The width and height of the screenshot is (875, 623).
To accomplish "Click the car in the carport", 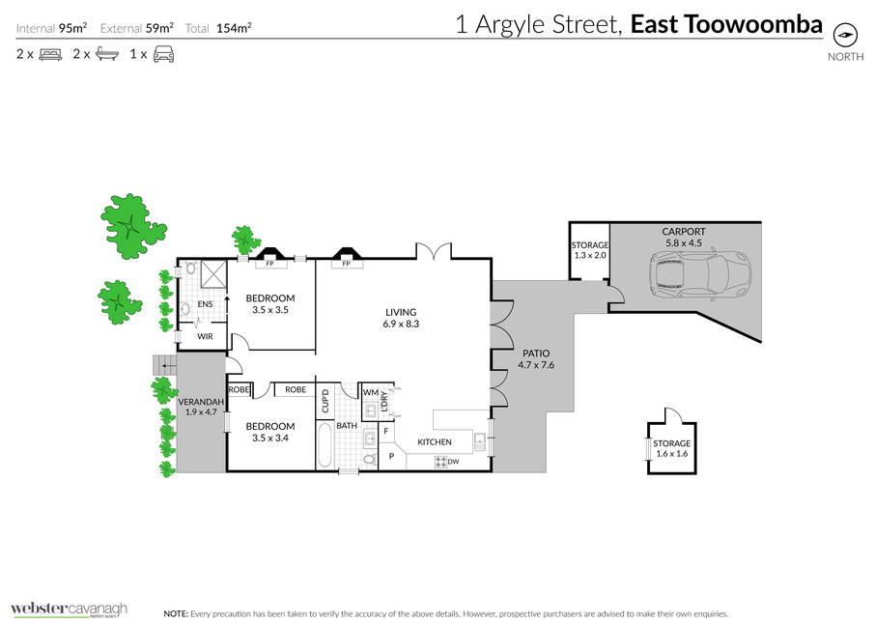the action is (x=700, y=274).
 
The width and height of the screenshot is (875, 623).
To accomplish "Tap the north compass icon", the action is (x=845, y=35).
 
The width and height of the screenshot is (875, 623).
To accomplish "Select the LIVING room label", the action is (x=401, y=313).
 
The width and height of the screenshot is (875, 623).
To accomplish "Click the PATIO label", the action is (x=536, y=354).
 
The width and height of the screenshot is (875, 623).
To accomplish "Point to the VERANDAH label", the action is (x=201, y=402).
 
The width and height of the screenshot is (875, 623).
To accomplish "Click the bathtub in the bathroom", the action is (x=325, y=445).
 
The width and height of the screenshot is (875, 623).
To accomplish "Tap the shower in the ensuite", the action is (x=213, y=274).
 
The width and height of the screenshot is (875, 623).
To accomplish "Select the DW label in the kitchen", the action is (x=453, y=462).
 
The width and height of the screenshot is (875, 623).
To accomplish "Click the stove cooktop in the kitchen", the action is (x=440, y=462).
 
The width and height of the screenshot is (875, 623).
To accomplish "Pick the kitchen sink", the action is (x=480, y=441).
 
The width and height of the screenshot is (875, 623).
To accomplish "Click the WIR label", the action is (x=205, y=337).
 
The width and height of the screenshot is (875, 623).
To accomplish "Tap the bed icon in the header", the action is (x=50, y=54).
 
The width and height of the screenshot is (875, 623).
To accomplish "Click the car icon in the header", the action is (x=163, y=54).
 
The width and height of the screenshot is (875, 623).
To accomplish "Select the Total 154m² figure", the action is (x=218, y=28).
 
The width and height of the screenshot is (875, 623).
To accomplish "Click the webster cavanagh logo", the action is (x=69, y=609).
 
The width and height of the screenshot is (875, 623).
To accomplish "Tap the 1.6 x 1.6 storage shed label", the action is (x=672, y=454).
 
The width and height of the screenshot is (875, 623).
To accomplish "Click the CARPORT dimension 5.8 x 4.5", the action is (x=684, y=243).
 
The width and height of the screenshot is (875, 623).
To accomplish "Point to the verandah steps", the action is (x=164, y=365).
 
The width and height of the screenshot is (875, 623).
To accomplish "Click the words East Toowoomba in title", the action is (x=726, y=24).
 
